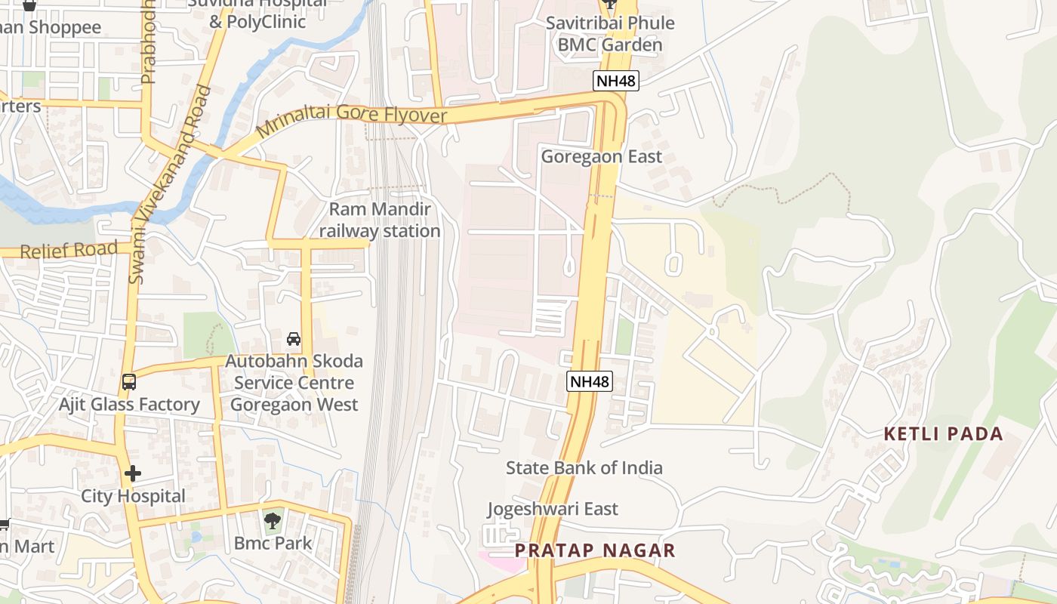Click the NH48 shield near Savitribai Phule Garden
tap(616, 80)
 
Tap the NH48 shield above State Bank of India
tap(589, 381)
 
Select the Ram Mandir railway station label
tap(379, 220)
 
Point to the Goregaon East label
tap(601, 156)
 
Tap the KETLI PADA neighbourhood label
tap(944, 434)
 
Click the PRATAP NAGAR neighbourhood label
tap(595, 550)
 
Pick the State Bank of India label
tap(584, 468)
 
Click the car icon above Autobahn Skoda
tap(294, 339)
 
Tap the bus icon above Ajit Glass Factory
tap(129, 382)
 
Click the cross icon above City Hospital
tap(133, 474)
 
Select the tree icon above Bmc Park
tap(273, 520)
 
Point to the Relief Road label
tap(69, 250)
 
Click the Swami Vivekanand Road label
tap(169, 185)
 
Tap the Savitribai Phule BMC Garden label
tap(610, 34)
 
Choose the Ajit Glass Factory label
tap(129, 405)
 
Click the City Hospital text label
tap(133, 496)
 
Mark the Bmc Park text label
tap(273, 543)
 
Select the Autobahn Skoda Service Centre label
tap(294, 383)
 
